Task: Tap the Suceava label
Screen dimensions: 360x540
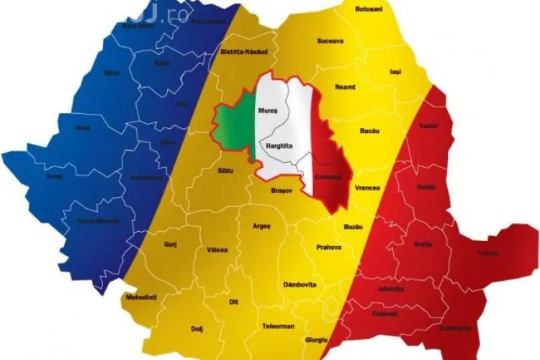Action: (x=330, y=42)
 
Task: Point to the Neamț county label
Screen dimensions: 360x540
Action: (x=345, y=87)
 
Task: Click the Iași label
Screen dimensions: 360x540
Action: (x=395, y=72)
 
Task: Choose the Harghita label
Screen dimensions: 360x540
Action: (x=278, y=145)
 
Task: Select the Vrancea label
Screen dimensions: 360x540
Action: (x=367, y=187)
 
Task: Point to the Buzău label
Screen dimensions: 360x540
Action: (x=353, y=226)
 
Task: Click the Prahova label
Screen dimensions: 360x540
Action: (x=329, y=248)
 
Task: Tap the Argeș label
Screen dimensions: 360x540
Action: (x=262, y=226)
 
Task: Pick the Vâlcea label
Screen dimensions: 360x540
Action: (x=217, y=250)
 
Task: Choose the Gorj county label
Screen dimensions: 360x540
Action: (x=171, y=244)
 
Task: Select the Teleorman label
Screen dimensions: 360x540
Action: (x=278, y=326)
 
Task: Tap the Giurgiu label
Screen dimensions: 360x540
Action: (x=316, y=338)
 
